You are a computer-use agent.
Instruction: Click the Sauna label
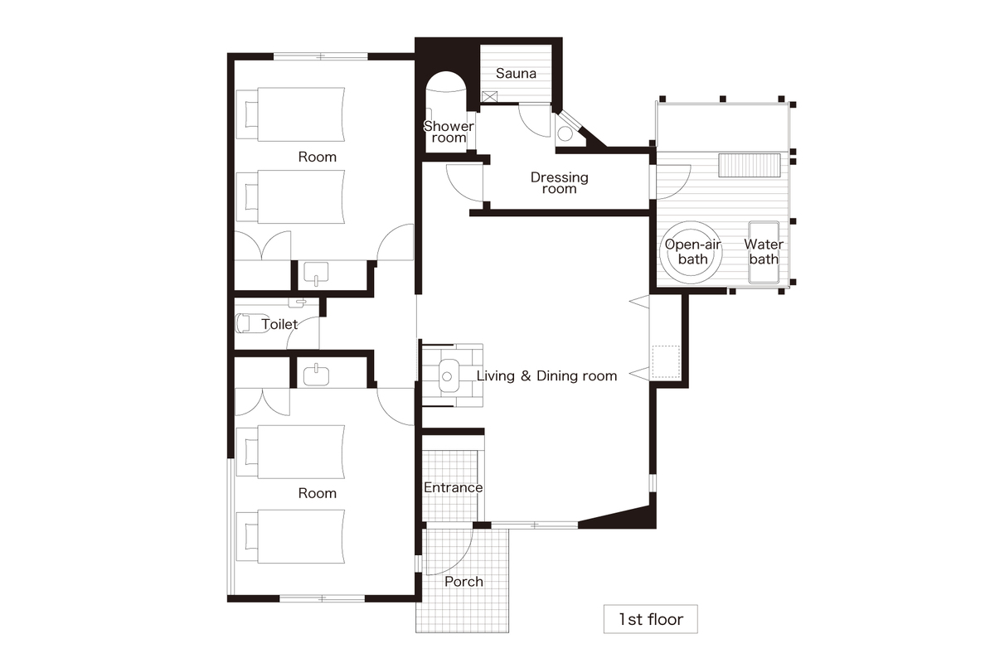click(x=516, y=73)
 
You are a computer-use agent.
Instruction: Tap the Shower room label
click(x=449, y=132)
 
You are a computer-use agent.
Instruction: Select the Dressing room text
click(x=559, y=183)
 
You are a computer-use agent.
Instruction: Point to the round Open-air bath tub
click(x=691, y=252)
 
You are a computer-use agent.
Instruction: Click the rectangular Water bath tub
click(x=764, y=252)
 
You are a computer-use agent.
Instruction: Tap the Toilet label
click(x=279, y=324)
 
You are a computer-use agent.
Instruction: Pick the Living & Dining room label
click(x=546, y=376)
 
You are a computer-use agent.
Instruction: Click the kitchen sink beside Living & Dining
click(x=449, y=375)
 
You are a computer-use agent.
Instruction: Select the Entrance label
click(x=453, y=487)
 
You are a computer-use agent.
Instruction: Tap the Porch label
click(x=464, y=582)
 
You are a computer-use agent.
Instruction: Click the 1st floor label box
click(x=651, y=619)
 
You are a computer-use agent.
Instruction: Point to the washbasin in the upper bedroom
click(x=316, y=273)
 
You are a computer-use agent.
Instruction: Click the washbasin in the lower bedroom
click(x=316, y=374)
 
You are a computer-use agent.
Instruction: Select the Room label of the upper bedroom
click(x=317, y=157)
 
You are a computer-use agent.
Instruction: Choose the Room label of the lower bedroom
click(x=317, y=493)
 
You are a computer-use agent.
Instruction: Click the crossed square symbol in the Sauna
click(x=489, y=97)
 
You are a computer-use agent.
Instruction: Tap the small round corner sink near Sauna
click(x=565, y=133)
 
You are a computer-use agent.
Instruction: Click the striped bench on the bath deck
click(x=750, y=166)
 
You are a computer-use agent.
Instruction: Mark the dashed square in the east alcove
click(x=667, y=362)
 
